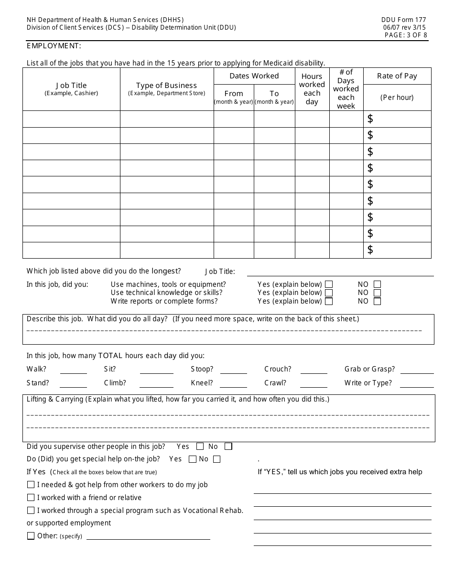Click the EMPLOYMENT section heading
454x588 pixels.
pyautogui.click(x=54, y=46)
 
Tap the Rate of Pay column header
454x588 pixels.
pyautogui.click(x=397, y=76)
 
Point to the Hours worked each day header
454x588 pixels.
pyautogui.click(x=312, y=89)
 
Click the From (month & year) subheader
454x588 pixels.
pyautogui.click(x=234, y=97)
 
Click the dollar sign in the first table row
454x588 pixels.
pyautogui.click(x=370, y=119)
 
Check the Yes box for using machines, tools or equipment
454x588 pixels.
pyautogui.click(x=329, y=284)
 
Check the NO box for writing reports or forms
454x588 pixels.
pyautogui.click(x=378, y=302)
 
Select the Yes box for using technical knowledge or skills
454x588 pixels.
pyautogui.click(x=329, y=293)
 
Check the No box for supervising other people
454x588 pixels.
pyautogui.click(x=228, y=446)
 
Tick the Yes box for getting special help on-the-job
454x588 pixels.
pyautogui.click(x=193, y=459)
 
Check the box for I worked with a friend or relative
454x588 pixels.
pyautogui.click(x=31, y=498)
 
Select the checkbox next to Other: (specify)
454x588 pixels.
pyautogui.click(x=31, y=536)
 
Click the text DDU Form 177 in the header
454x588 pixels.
pyautogui.click(x=403, y=20)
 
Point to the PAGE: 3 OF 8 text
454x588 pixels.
pyautogui.click(x=406, y=35)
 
